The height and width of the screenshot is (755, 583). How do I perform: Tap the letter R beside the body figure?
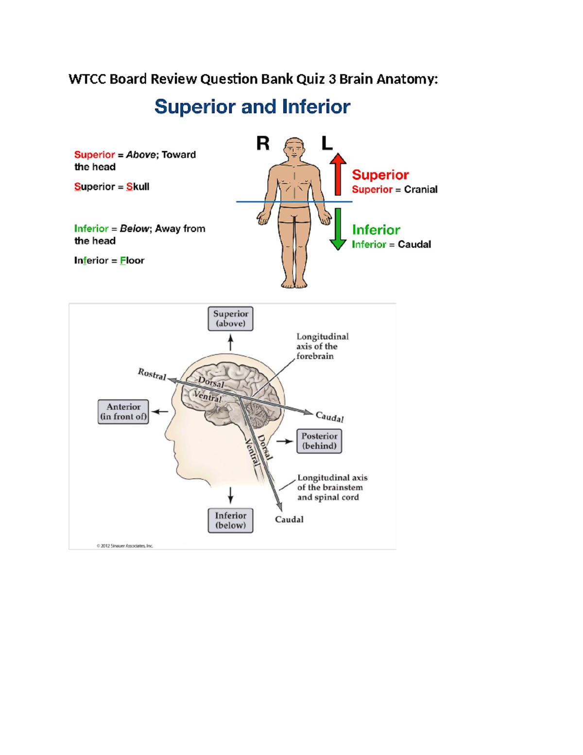(x=263, y=143)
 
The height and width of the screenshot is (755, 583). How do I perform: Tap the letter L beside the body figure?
(x=327, y=143)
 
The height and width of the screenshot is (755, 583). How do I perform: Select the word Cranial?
(x=420, y=190)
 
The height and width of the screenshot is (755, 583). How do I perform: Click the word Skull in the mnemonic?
(x=137, y=187)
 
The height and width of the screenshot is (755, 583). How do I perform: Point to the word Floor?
(x=132, y=261)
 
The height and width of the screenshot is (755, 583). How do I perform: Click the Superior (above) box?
(x=230, y=319)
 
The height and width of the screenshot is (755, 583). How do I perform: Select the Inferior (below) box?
(x=230, y=521)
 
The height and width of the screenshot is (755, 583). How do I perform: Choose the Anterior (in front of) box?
(x=123, y=412)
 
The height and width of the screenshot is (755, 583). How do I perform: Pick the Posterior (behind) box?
(x=319, y=441)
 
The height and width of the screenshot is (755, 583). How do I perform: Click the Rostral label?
(x=152, y=374)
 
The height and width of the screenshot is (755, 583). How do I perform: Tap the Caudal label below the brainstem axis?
(x=289, y=519)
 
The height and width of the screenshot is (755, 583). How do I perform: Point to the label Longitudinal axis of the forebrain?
(x=322, y=346)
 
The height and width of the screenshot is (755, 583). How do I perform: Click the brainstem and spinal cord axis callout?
(x=332, y=487)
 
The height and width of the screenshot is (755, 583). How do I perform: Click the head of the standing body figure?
(x=294, y=148)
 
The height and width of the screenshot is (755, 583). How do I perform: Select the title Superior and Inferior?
(x=252, y=106)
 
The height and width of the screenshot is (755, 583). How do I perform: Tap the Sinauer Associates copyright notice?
(x=125, y=546)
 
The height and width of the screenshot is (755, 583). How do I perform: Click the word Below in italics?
(x=134, y=228)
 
